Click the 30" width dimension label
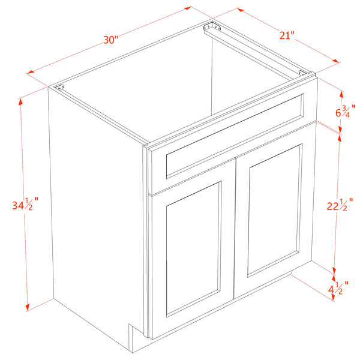(x=110, y=40)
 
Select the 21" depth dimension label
(x=287, y=35)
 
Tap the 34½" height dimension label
(x=25, y=203)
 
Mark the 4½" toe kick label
(x=338, y=287)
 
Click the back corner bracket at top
(x=212, y=27)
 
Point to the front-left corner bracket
(x=59, y=88)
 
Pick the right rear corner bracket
(x=302, y=73)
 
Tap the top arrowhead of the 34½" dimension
(x=20, y=102)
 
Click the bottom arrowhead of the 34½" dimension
(x=28, y=307)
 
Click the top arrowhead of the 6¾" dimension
(x=341, y=95)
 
